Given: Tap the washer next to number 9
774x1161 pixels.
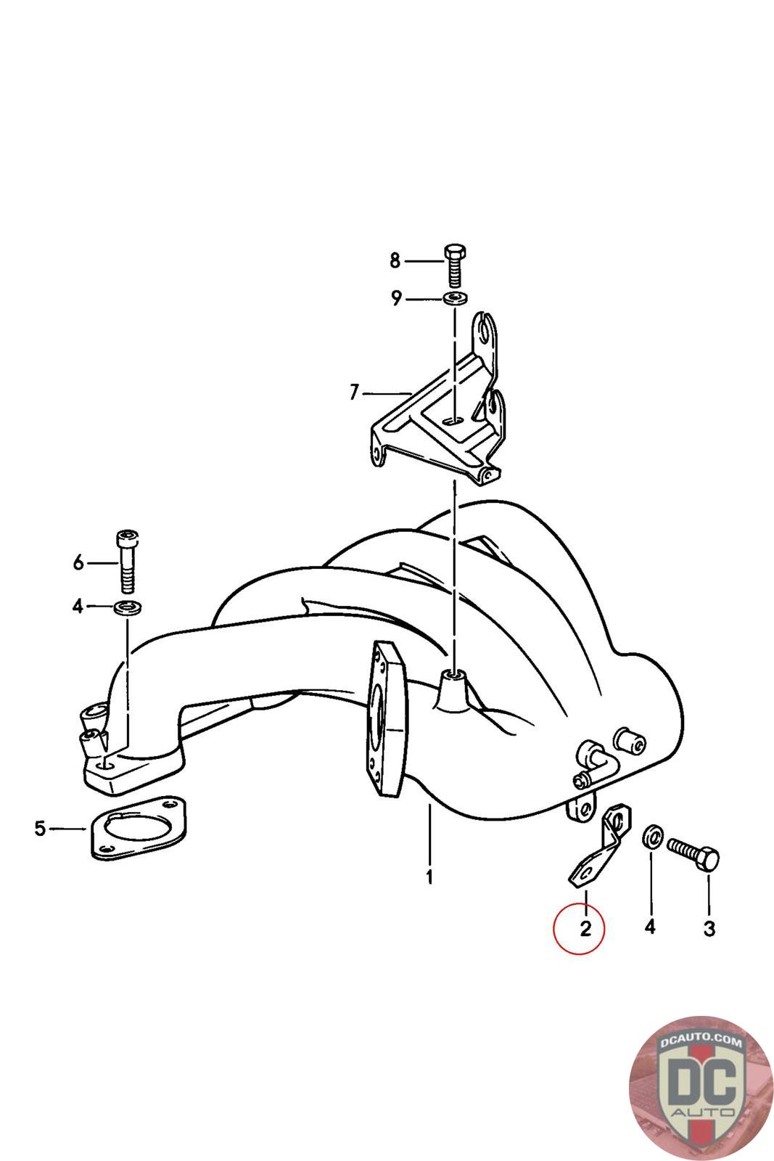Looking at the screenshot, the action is point(455,298).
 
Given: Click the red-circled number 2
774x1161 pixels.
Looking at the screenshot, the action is point(585,927).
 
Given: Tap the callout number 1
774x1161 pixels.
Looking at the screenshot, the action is point(429,877).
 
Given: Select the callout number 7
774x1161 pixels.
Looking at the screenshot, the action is point(354,393).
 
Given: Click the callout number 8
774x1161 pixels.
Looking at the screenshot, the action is point(395,260).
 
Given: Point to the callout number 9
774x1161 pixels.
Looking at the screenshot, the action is point(396,298).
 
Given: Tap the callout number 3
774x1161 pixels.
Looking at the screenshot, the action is point(709,927).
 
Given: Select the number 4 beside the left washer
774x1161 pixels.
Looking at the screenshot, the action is point(78,606).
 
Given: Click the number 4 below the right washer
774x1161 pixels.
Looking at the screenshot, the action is point(650,927).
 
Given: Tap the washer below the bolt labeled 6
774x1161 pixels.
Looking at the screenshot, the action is point(127,607).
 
